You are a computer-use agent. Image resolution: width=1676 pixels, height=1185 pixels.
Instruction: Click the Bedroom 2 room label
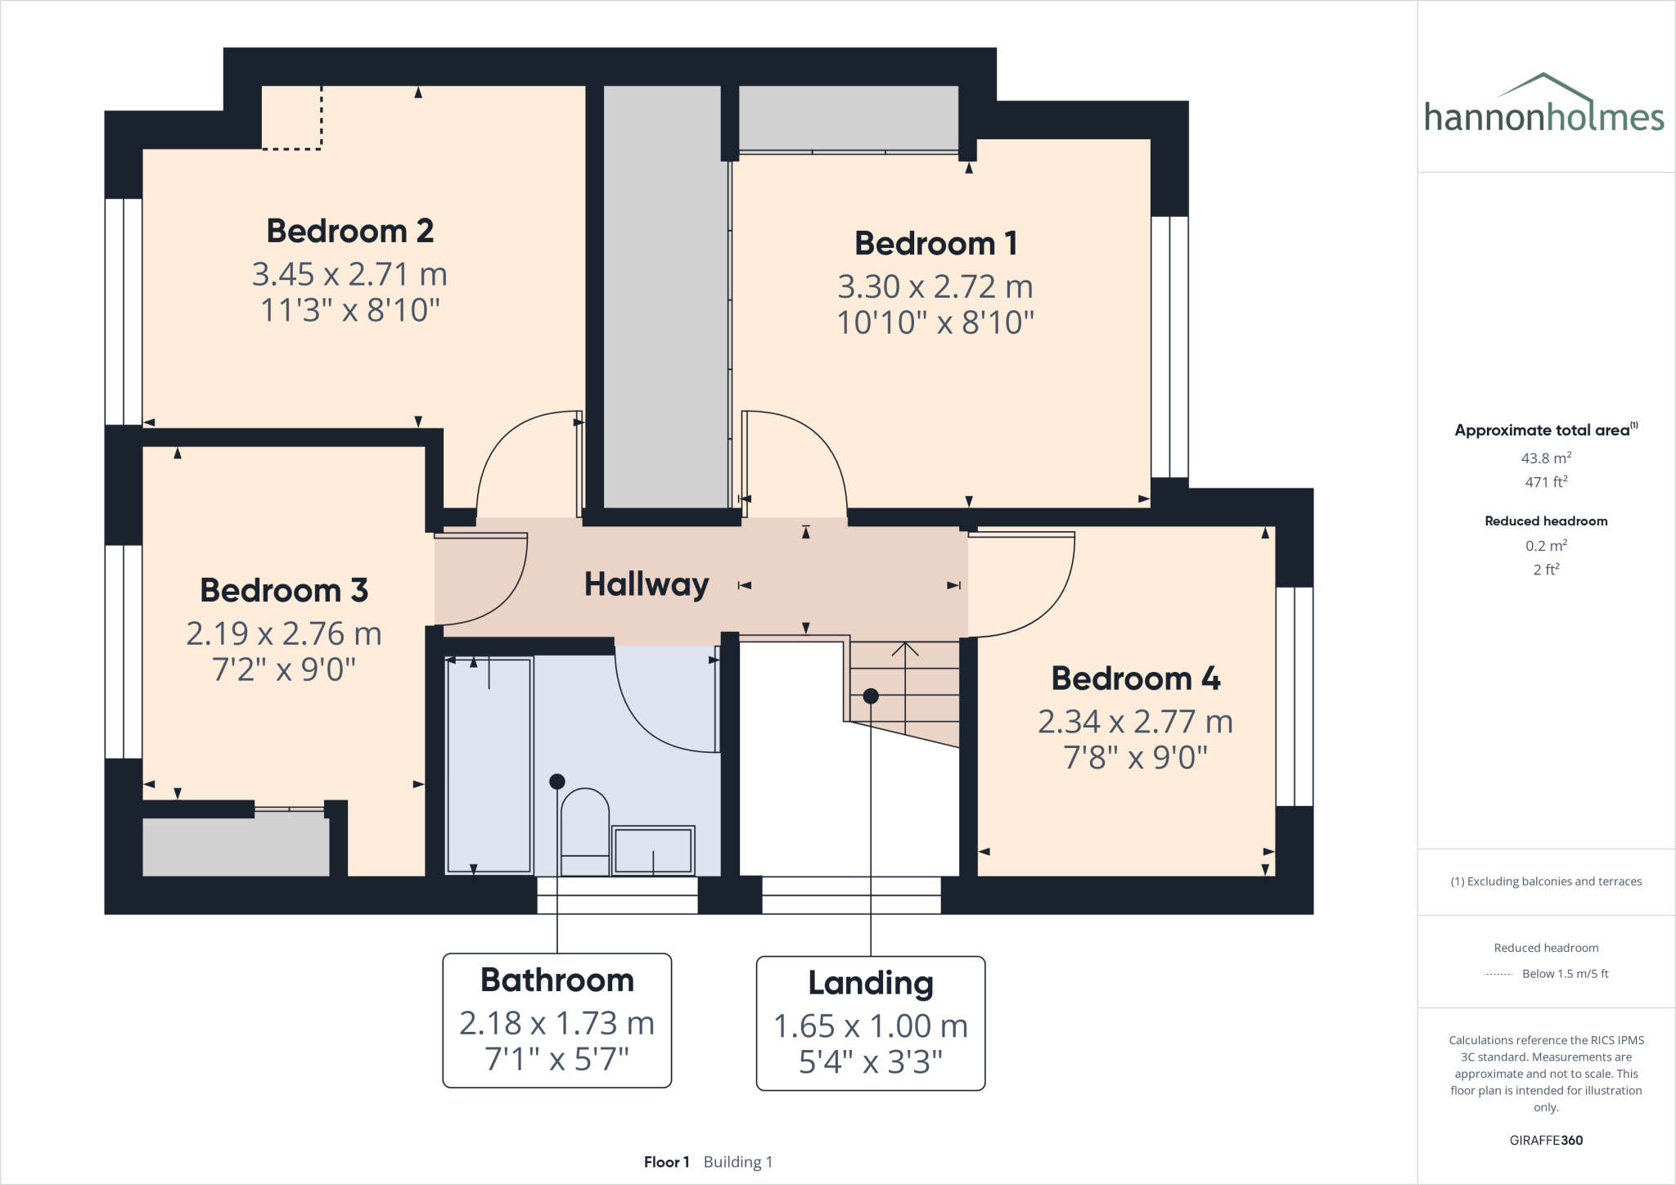[349, 231]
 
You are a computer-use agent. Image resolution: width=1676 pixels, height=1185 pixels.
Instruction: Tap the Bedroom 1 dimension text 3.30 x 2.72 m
[935, 286]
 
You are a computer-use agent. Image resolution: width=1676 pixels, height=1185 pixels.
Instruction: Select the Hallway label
[646, 584]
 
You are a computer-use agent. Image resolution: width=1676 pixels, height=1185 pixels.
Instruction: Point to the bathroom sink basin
[653, 849]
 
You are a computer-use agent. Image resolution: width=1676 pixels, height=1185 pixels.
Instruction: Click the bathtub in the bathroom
[489, 765]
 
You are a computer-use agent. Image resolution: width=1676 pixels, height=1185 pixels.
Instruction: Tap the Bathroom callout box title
[556, 980]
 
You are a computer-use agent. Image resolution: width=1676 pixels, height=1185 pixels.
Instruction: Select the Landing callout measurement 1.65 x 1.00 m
[870, 1025]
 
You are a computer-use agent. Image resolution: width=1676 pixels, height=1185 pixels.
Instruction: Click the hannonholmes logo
[1543, 106]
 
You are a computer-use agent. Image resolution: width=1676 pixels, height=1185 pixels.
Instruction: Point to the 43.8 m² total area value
[1545, 458]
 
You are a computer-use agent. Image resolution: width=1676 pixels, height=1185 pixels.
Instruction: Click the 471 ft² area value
[1545, 482]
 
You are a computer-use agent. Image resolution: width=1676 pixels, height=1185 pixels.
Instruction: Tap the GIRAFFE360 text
[1545, 1140]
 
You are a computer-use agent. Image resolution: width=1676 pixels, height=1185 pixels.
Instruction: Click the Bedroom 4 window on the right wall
[1294, 696]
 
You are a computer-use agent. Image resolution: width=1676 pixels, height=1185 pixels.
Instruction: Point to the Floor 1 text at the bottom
[666, 1162]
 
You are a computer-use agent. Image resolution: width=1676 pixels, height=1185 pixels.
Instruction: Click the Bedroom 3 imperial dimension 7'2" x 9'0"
[283, 669]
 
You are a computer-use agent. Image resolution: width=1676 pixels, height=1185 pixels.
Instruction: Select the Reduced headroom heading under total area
[1545, 521]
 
